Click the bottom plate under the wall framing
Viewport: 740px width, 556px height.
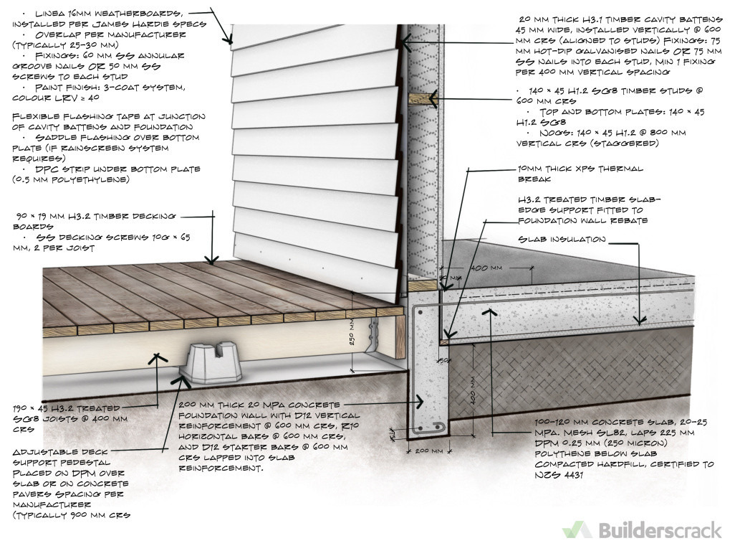(x=423, y=285)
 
